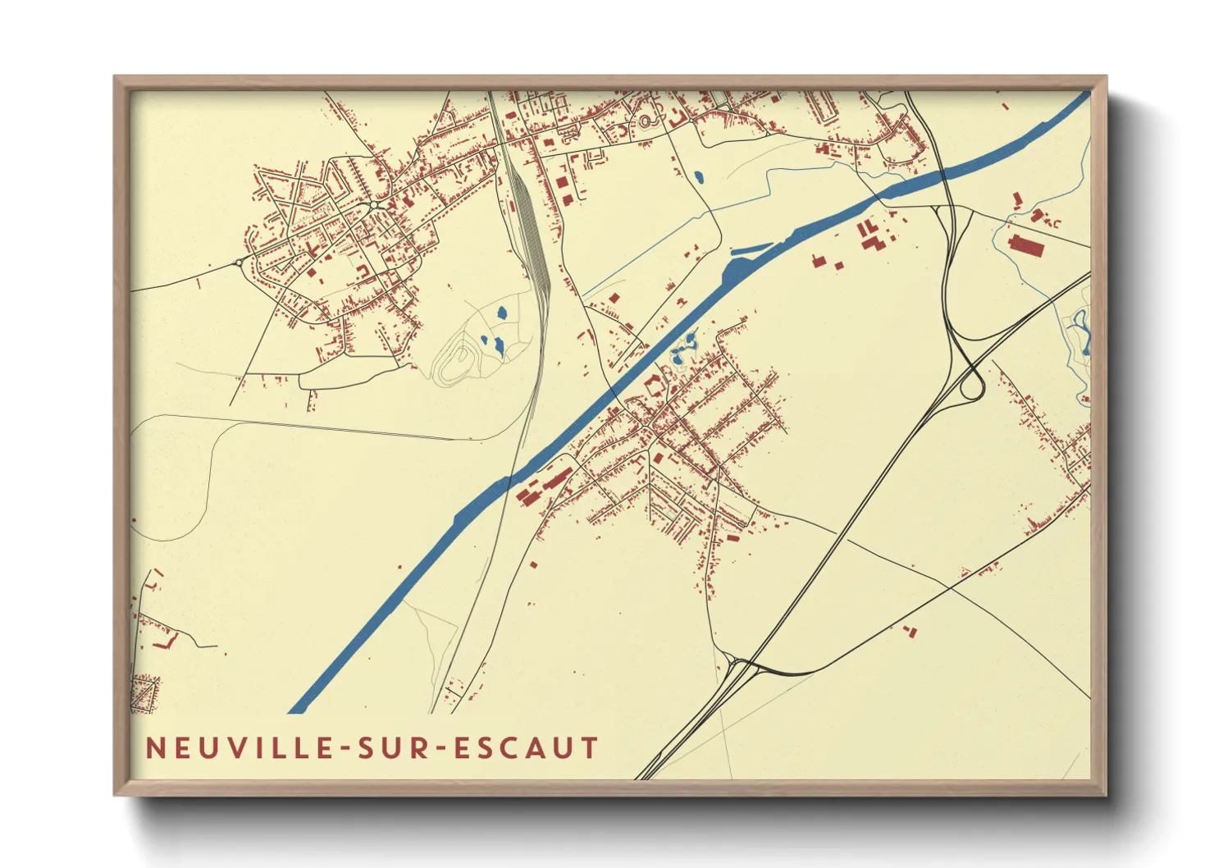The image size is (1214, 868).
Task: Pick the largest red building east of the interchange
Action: pos(1025,244)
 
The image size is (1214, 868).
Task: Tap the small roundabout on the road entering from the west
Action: pos(240,263)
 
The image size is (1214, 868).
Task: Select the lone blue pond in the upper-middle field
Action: pos(699,176)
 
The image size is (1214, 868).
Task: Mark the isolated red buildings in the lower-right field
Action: pos(909,630)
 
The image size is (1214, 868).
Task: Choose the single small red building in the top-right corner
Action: pos(1006,106)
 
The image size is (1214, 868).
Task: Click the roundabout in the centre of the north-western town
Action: pos(373,204)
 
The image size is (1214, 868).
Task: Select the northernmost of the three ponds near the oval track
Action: pos(502,313)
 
